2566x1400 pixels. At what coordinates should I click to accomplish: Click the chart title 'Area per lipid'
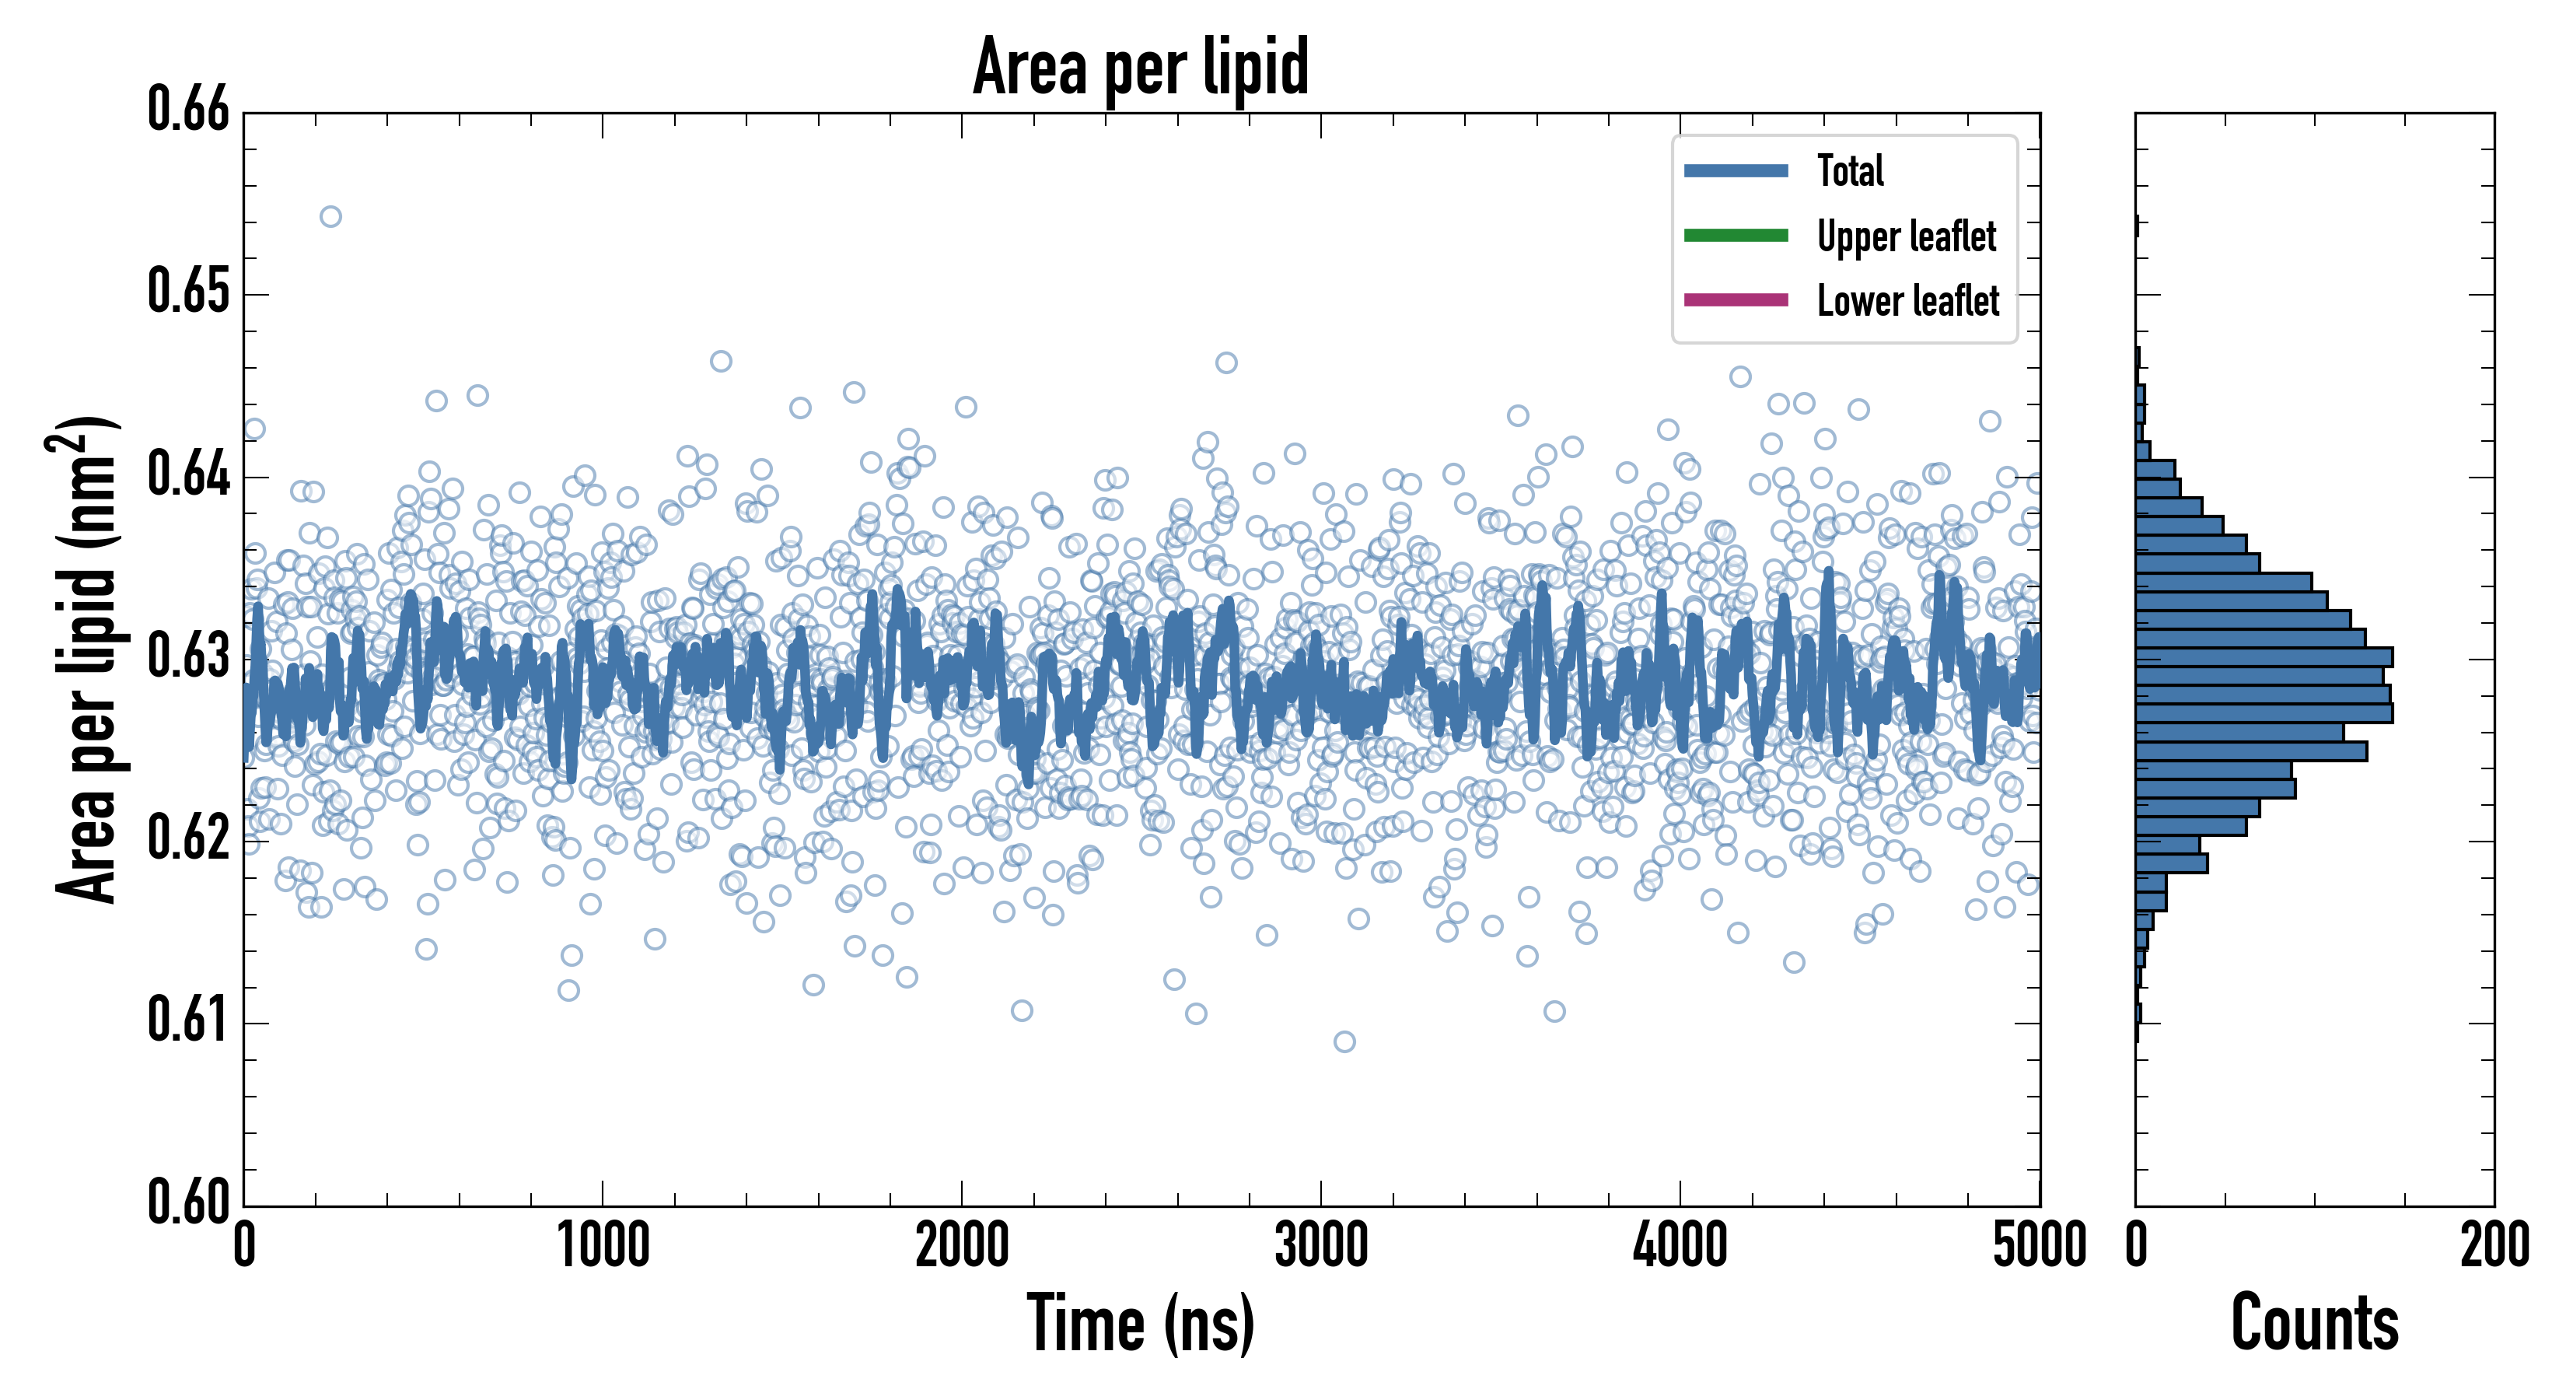coord(1141,67)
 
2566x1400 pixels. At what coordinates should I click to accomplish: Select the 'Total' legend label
coord(1850,170)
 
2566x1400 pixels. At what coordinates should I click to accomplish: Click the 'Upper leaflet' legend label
coord(1907,236)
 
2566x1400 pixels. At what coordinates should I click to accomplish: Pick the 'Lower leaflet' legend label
coord(1907,300)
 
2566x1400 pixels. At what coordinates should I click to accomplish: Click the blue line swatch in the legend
coord(1736,170)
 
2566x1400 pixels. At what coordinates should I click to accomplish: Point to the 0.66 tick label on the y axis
coord(188,110)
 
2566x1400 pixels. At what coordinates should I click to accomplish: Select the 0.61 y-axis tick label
coord(188,1020)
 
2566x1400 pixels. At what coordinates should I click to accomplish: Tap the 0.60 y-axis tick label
coord(188,1202)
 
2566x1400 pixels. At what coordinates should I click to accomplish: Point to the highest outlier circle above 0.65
coord(330,217)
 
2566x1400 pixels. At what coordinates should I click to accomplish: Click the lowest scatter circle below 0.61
coord(1344,1042)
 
